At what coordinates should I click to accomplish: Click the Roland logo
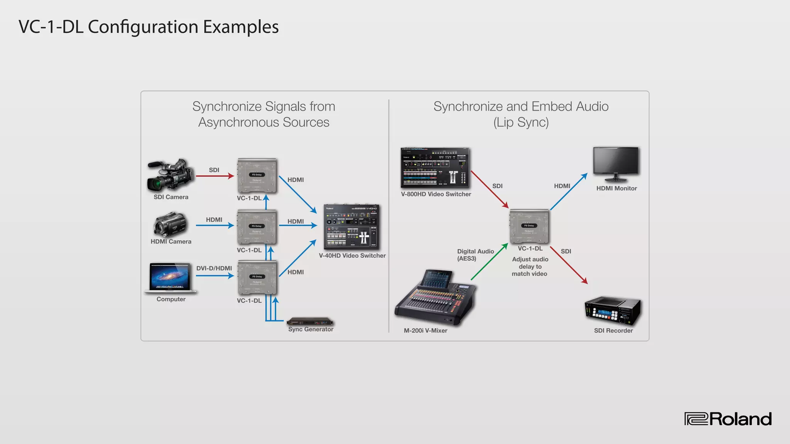[x=728, y=419]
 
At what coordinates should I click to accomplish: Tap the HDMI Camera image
[x=170, y=224]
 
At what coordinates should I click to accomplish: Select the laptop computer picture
[x=170, y=277]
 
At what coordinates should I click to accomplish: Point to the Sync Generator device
[x=310, y=321]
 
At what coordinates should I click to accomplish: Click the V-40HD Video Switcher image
[x=351, y=227]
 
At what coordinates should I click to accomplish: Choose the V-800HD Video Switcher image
[x=435, y=168]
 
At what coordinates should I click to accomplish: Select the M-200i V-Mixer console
[x=435, y=298]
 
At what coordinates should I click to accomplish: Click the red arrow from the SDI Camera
[x=214, y=176]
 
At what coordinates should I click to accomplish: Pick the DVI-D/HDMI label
[x=214, y=268]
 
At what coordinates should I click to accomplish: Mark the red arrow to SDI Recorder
[x=569, y=265]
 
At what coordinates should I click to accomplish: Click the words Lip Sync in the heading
[x=521, y=122]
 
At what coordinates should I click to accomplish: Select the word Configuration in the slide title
[x=143, y=27]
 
